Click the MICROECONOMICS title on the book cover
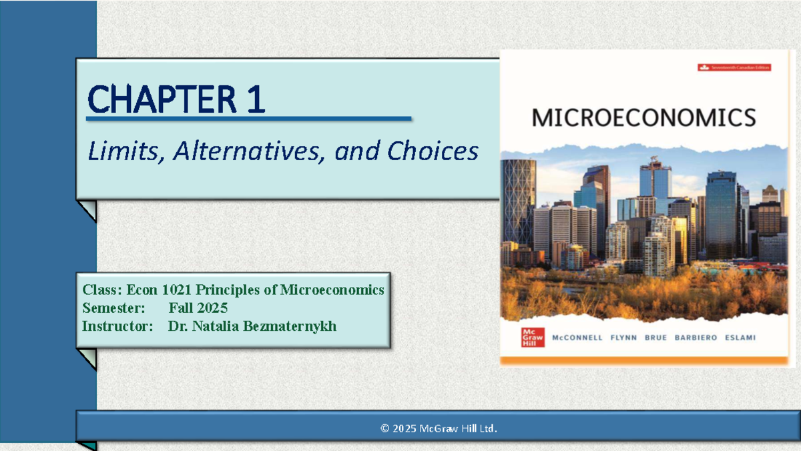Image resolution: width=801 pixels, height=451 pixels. [643, 118]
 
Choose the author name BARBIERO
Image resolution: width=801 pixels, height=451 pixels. [696, 338]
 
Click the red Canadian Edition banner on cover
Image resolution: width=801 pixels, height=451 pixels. [734, 67]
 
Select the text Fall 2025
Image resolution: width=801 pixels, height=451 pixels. [198, 308]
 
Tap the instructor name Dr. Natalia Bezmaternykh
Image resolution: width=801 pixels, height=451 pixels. [252, 326]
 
